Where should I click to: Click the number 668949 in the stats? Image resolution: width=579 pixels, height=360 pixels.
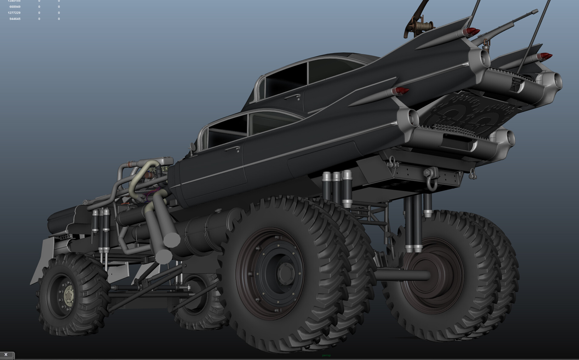click(15, 7)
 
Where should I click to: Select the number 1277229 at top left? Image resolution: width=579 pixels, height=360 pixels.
click(14, 13)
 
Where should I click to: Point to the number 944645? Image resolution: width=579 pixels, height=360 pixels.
click(15, 19)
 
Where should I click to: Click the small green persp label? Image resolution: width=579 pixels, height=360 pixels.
click(326, 355)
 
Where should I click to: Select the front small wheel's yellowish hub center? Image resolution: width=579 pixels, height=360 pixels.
click(69, 295)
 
